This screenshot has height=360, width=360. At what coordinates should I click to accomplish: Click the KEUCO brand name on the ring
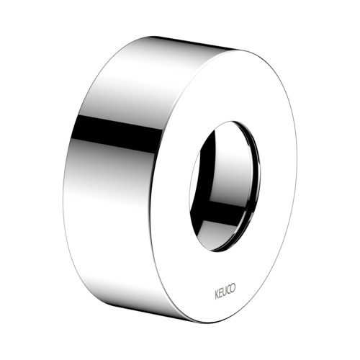click(225, 291)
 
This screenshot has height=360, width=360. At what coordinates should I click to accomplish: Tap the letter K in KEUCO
click(217, 295)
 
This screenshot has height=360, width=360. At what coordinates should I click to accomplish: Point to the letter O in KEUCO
click(233, 287)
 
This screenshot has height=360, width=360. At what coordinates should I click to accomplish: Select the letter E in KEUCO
click(220, 293)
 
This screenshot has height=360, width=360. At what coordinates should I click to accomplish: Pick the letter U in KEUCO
click(225, 292)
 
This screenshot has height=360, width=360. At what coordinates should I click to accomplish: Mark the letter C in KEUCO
click(228, 289)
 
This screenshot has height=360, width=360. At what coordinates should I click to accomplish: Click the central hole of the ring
click(225, 186)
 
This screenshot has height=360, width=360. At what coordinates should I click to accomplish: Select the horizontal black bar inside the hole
click(225, 211)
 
